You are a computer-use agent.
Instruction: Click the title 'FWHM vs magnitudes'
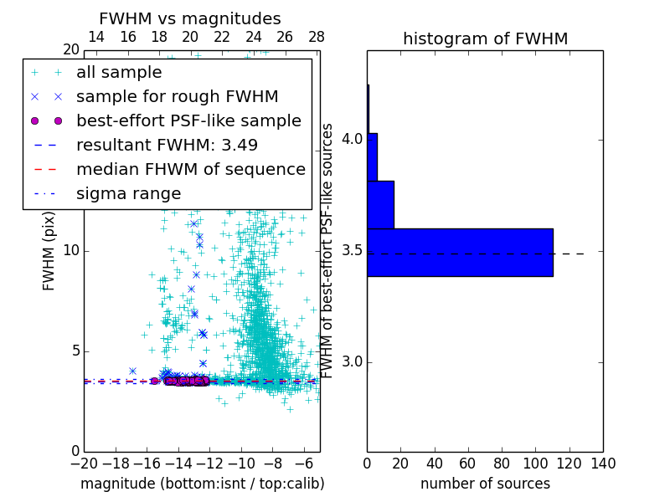click(x=190, y=18)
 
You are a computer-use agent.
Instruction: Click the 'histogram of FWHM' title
click(x=485, y=38)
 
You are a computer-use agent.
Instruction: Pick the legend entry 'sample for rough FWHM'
click(x=177, y=97)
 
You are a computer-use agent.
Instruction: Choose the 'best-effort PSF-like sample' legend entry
click(x=188, y=121)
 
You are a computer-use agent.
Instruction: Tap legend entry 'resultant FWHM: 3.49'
click(x=167, y=146)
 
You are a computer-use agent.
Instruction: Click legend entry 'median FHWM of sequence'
click(x=190, y=170)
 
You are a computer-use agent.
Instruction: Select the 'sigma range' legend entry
click(x=128, y=194)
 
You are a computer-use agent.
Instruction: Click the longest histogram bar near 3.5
click(x=460, y=252)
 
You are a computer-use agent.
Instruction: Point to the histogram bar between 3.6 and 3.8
click(x=380, y=205)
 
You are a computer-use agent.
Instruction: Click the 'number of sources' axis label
click(x=485, y=484)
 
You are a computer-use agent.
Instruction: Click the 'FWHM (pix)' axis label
click(x=49, y=251)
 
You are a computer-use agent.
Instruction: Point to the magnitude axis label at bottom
click(x=202, y=484)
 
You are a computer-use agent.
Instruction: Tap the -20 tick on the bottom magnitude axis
click(x=84, y=463)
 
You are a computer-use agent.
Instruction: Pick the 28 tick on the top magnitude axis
click(x=317, y=38)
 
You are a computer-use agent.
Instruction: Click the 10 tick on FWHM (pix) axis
click(x=70, y=251)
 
